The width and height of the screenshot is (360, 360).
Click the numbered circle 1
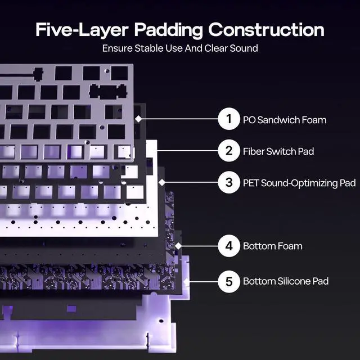(229, 119)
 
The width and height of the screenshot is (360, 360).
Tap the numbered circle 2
(229, 151)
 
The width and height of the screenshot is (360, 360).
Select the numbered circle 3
(229, 182)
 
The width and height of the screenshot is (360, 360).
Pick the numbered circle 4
(229, 246)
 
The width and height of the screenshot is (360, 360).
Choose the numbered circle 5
(229, 281)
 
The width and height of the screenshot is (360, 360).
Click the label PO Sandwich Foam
(284, 120)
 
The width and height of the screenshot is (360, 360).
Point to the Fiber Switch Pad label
(278, 151)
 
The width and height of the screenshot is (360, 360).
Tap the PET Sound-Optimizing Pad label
(299, 183)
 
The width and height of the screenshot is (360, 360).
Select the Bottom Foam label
(272, 246)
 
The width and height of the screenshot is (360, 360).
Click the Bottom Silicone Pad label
(286, 281)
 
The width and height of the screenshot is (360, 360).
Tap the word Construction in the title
(266, 30)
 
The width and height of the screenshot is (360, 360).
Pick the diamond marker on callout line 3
(162, 182)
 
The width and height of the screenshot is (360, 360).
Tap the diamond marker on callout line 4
(179, 246)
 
